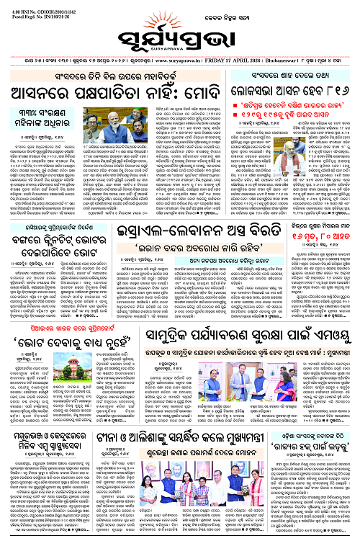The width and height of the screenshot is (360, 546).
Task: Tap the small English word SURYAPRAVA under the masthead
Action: tap(180, 49)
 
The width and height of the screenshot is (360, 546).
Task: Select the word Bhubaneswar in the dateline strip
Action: tap(287, 61)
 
